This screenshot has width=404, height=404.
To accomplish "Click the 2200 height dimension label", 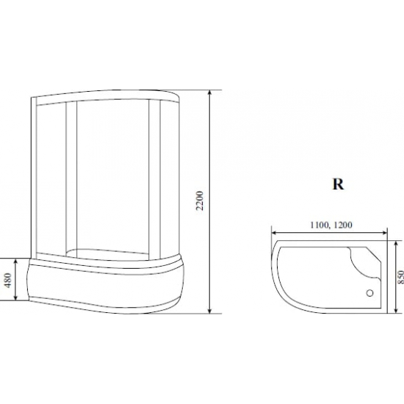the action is (x=200, y=201).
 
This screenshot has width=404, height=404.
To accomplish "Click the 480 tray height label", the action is (x=8, y=280).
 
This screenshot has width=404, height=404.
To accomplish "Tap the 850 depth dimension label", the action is (x=400, y=277).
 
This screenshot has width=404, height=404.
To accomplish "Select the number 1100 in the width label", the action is (x=320, y=225).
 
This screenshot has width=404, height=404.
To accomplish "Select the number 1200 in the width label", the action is (x=343, y=225).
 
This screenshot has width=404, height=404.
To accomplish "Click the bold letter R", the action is (x=338, y=184).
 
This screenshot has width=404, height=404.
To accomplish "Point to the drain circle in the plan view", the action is (x=369, y=293).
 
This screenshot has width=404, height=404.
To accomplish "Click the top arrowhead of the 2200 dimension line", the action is (x=210, y=93).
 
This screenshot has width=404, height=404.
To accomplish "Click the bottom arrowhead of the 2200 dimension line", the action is (x=210, y=311).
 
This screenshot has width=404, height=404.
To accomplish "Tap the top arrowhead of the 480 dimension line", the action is (x=16, y=261).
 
